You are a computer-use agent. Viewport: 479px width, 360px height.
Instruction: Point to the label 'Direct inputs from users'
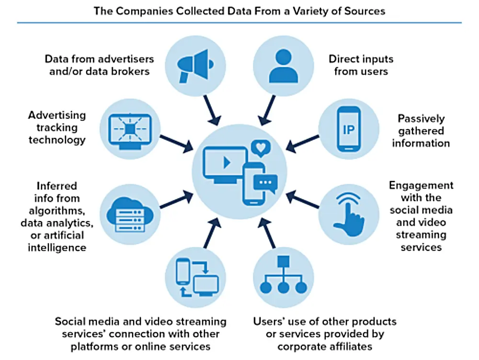click(361, 65)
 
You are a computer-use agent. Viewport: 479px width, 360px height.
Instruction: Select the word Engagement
click(421, 185)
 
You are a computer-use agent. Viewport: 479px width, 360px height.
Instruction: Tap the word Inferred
click(57, 185)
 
